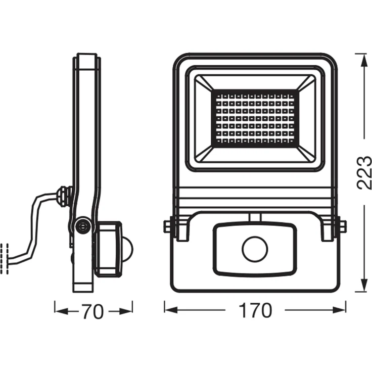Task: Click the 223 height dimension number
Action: tap(364, 173)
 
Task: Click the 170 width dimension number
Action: tap(255, 310)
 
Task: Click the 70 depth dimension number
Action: tap(94, 312)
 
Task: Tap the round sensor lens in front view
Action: tap(254, 249)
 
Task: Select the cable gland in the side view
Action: tap(64, 196)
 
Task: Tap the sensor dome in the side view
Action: tap(128, 249)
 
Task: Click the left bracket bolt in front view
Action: tap(168, 226)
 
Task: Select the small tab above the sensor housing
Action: tap(254, 217)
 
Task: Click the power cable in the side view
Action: tap(33, 227)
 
